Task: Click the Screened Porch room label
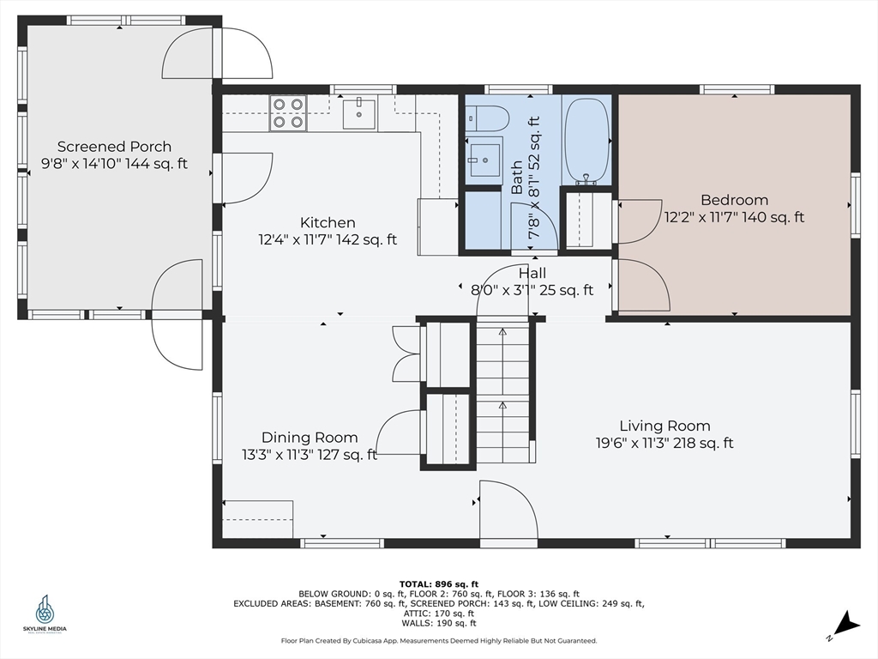click(114, 147)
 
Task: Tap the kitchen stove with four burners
click(288, 113)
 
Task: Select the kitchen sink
click(359, 113)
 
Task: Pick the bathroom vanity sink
click(484, 160)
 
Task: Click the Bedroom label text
click(734, 200)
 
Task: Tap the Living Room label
click(665, 426)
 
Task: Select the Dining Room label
click(310, 438)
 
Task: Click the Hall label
click(532, 274)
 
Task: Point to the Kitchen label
click(328, 222)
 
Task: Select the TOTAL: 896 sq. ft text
click(439, 584)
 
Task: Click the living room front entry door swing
click(508, 509)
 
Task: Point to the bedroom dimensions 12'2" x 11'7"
click(701, 217)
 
